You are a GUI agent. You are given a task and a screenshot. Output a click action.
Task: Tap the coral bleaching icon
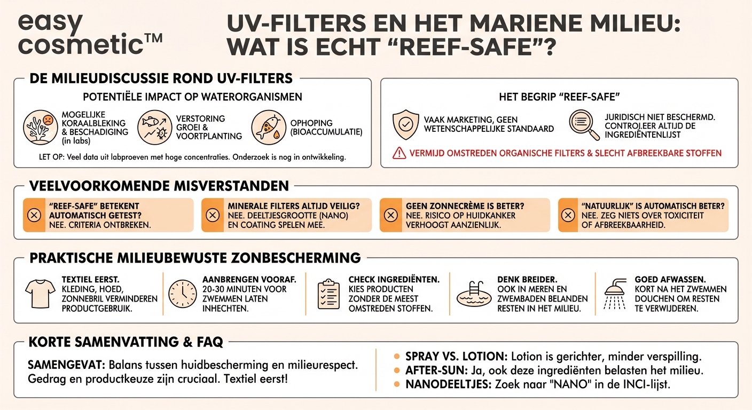(x=40, y=128)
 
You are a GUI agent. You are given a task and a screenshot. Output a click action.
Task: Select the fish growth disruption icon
(x=154, y=128)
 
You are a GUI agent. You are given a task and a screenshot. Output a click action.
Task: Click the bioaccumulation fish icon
(x=269, y=128)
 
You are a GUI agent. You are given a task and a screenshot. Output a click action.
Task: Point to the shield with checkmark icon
(x=405, y=124)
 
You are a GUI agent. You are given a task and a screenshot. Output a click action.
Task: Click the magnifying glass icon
(x=583, y=124)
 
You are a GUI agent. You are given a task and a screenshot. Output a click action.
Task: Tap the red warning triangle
(x=399, y=153)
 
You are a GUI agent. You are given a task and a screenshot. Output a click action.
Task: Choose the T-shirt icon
(x=40, y=294)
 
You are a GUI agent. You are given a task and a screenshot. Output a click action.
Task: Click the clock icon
(x=182, y=294)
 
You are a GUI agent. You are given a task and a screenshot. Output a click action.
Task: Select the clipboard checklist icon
(x=328, y=294)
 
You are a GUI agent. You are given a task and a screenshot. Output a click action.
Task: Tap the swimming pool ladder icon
(x=474, y=294)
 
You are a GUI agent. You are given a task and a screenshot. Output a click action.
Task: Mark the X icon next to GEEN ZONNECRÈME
(x=391, y=215)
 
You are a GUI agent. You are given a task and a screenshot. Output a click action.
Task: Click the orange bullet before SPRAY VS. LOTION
(x=397, y=356)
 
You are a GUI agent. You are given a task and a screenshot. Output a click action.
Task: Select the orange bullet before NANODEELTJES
(x=397, y=384)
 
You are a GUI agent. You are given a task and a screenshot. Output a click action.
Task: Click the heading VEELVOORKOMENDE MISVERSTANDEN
(x=159, y=186)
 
